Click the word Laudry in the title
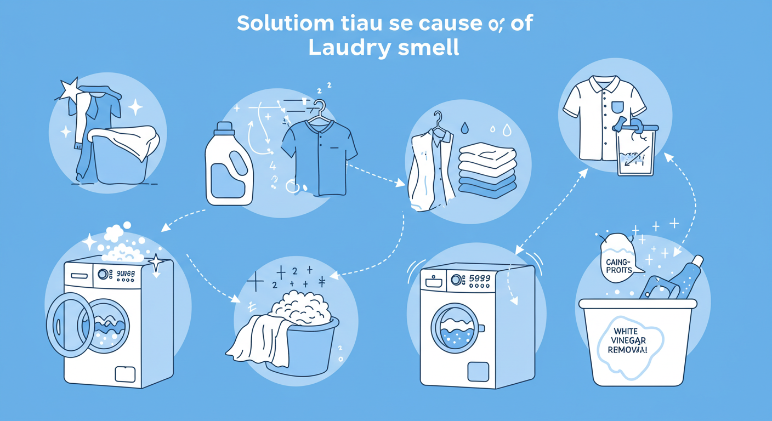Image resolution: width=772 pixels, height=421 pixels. coord(344,48)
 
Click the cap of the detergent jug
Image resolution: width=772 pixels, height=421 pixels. coord(224,129)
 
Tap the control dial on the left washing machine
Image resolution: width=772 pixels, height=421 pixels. coord(103,273)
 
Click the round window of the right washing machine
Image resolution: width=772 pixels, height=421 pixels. coord(456,328)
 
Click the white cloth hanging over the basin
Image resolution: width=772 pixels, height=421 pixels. coord(260,340)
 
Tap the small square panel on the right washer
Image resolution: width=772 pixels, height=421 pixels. coord(478,371)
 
